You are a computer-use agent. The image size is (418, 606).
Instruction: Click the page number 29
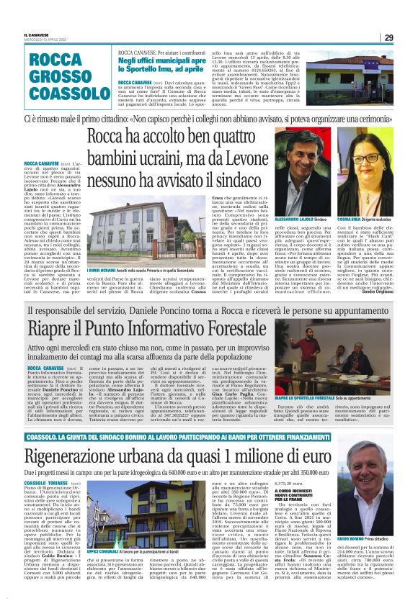[x=388, y=37]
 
